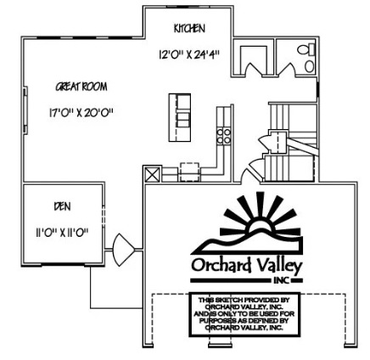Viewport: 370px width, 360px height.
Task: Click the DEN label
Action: click(x=63, y=205)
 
